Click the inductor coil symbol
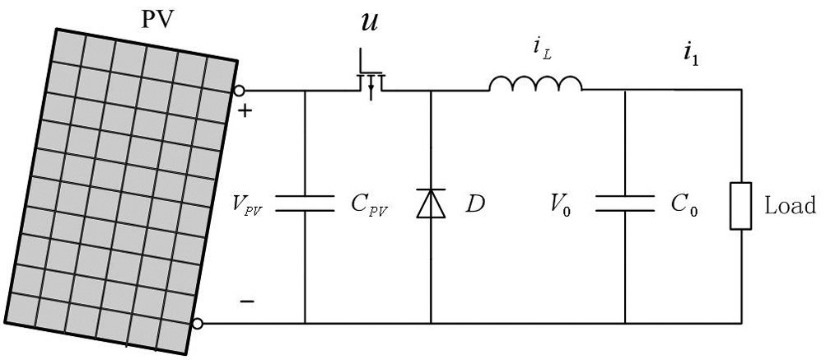tap(536, 83)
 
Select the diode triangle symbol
tap(431, 203)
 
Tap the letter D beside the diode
tap(474, 204)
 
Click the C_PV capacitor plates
tap(305, 203)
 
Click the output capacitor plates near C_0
tap(625, 203)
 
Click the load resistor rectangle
tap(740, 206)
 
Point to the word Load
tap(791, 205)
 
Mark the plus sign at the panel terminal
tap(245, 110)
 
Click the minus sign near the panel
tap(247, 302)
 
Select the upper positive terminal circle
tap(239, 91)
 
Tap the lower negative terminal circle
tap(197, 324)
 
